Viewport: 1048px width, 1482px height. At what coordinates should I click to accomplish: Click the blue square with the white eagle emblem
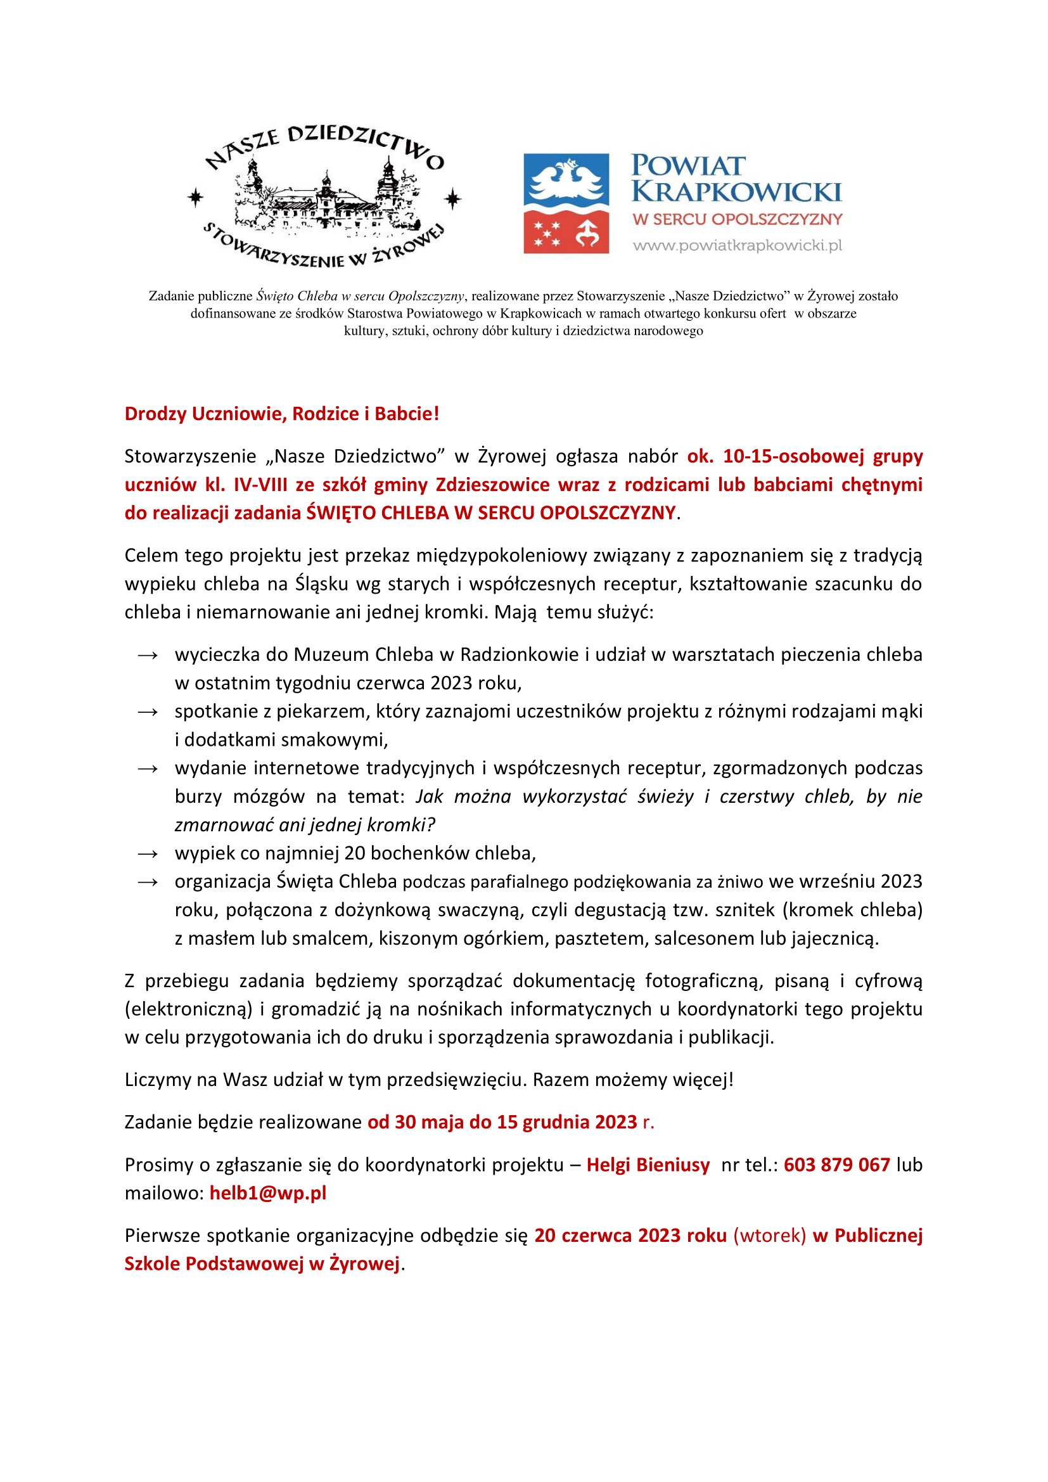coord(566,179)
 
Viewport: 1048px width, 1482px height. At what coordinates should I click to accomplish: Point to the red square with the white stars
coord(566,232)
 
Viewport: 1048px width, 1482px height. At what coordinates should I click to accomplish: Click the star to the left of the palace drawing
coord(196,198)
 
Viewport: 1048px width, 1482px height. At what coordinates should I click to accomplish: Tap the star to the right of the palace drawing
coord(454,198)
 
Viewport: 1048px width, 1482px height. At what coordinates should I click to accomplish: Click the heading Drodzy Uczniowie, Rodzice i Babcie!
coord(281,414)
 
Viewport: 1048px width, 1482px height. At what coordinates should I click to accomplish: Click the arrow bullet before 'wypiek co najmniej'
coord(148,854)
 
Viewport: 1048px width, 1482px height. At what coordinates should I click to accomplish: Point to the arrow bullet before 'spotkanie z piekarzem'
coord(148,712)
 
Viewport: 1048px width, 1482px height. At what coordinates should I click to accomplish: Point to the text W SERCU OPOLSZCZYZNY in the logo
coord(737,219)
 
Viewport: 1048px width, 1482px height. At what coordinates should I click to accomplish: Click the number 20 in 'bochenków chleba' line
coord(354,854)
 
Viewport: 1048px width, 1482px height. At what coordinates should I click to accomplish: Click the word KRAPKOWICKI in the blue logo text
coord(736,192)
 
